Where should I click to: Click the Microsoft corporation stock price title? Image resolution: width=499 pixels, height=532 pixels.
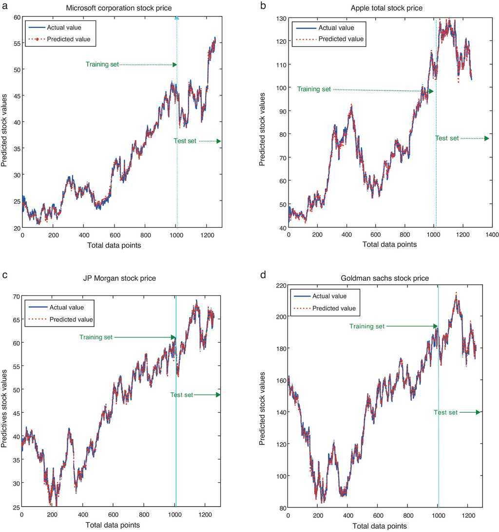(x=119, y=8)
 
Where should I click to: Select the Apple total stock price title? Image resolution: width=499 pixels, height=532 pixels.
(x=386, y=8)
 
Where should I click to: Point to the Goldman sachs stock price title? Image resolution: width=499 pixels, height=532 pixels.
(x=385, y=278)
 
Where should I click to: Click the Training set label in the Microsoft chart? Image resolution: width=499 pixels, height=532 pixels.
(x=102, y=64)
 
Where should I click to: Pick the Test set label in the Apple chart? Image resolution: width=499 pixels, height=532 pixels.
(x=447, y=138)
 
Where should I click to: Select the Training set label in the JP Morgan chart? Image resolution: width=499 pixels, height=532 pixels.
(x=96, y=337)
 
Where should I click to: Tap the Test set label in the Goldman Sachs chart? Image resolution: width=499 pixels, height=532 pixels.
(x=445, y=412)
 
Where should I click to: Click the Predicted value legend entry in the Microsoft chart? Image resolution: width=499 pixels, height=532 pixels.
(x=69, y=39)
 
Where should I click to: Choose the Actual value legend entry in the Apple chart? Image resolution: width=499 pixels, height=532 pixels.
(x=336, y=28)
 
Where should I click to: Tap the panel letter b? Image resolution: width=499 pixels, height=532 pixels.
(x=263, y=6)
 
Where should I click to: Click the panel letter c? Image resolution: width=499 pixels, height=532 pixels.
(x=4, y=275)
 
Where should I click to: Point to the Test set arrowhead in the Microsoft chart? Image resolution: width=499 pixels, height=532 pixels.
(x=219, y=141)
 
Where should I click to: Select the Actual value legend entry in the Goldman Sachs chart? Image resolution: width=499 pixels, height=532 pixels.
(x=329, y=296)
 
